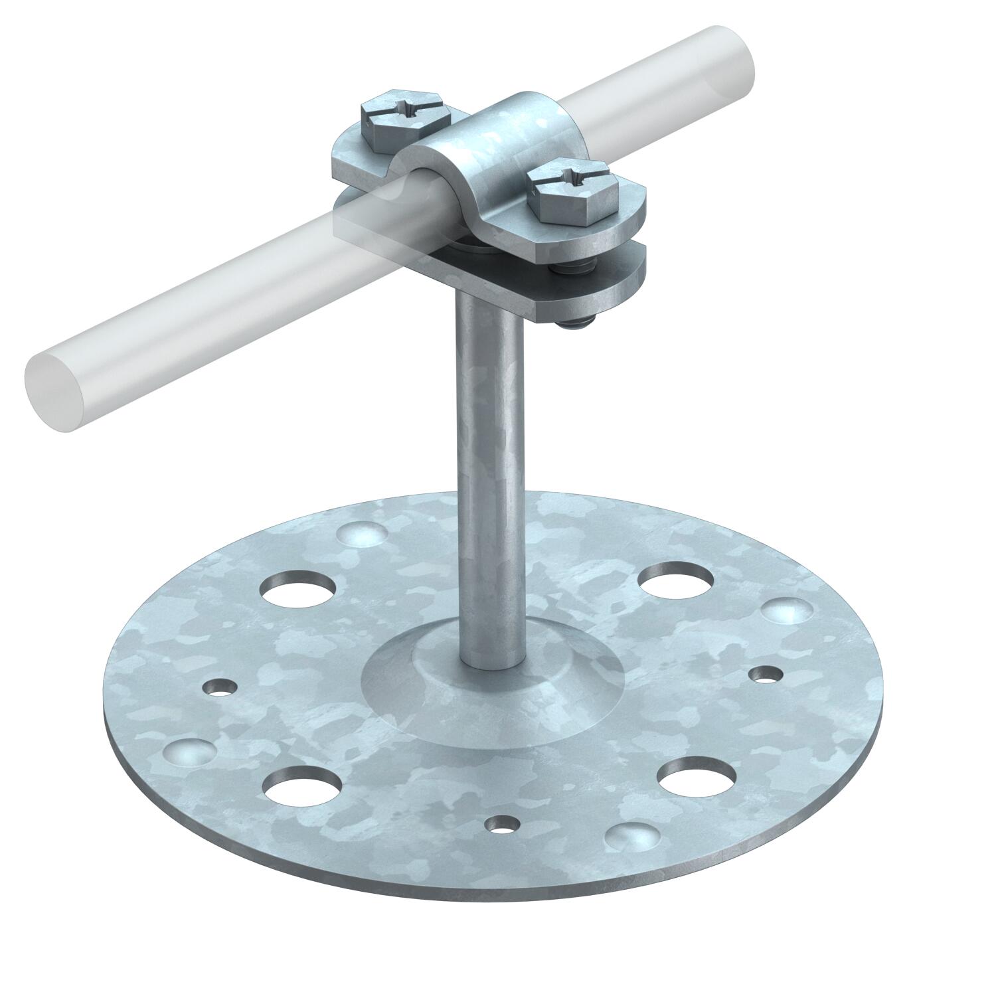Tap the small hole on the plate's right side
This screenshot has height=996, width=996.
765,675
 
